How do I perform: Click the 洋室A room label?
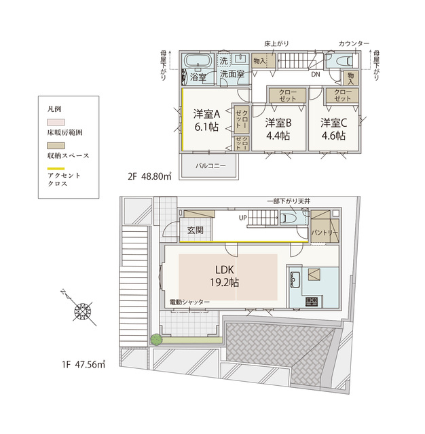tap(206, 114)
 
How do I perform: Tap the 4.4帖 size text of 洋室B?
tap(278, 136)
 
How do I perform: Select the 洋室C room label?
tap(333, 123)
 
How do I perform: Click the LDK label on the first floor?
tap(225, 270)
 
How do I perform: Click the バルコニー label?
tap(210, 165)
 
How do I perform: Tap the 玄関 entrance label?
tap(196, 230)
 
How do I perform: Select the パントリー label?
tap(325, 232)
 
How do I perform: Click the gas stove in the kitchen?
tap(312, 301)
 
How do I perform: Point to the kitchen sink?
tap(295, 279)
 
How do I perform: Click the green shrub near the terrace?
tap(156, 340)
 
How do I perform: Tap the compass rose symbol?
tap(83, 311)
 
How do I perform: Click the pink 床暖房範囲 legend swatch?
tap(56, 122)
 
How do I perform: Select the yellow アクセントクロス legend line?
tap(56, 169)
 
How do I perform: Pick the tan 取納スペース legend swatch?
tap(56, 146)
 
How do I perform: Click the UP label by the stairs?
tap(242, 218)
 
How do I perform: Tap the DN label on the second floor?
tap(316, 74)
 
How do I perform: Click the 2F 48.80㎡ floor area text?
tap(149, 176)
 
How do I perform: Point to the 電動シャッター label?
tap(189, 302)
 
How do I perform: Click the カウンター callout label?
tap(354, 43)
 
